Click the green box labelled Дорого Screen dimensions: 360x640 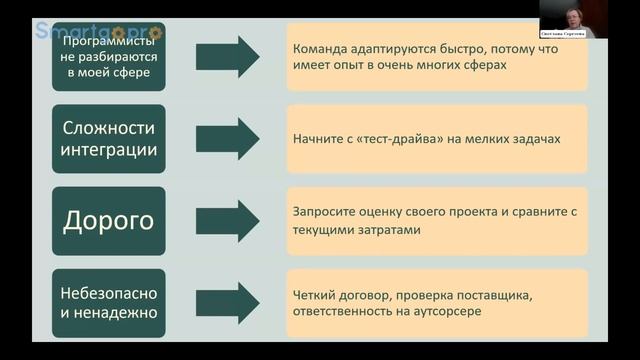click(108, 220)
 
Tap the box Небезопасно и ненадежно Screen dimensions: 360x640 click(108, 301)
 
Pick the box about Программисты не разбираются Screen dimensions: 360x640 click(108, 56)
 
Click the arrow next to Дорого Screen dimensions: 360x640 click(227, 220)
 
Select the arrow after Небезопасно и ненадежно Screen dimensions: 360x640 click(227, 301)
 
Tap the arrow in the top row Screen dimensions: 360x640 click(227, 56)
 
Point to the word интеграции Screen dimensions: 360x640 click(108, 150)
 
